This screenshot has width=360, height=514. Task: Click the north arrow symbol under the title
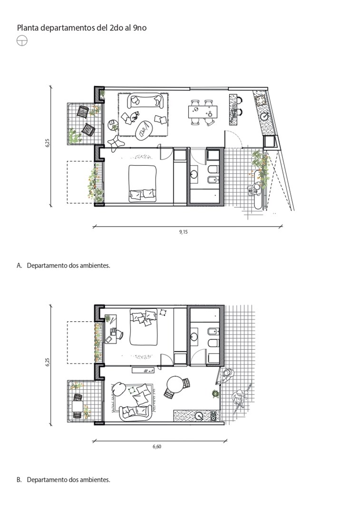click(22, 40)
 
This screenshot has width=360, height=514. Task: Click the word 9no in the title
click(140, 28)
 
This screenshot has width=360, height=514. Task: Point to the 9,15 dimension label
click(184, 232)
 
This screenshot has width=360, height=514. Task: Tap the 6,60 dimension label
click(157, 446)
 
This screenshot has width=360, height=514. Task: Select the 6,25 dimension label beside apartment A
click(48, 143)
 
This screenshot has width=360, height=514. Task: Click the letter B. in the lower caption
click(19, 480)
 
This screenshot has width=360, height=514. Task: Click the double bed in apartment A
click(143, 183)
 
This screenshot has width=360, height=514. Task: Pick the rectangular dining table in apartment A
click(203, 112)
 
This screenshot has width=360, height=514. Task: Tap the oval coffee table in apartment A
click(144, 131)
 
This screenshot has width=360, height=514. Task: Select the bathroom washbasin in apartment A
click(194, 174)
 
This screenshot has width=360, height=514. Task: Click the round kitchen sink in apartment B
click(198, 415)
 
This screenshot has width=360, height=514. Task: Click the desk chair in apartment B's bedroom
click(119, 334)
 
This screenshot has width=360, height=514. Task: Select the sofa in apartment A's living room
click(146, 100)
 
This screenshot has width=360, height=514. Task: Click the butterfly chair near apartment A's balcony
click(115, 143)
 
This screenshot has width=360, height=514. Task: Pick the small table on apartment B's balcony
click(78, 406)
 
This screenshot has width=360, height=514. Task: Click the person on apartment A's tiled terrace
click(254, 189)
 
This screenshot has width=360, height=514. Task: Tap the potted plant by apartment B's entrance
click(215, 394)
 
